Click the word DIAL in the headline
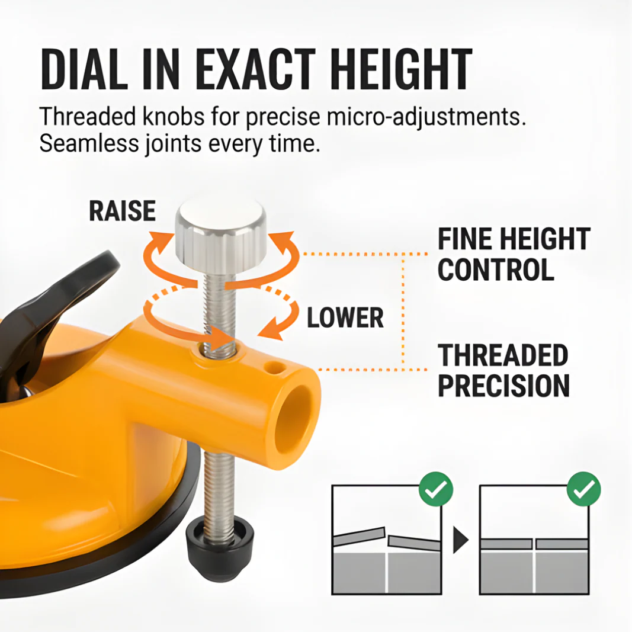(84, 69)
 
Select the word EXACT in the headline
(255, 69)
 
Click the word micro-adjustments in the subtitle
(426, 117)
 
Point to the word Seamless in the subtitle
(89, 143)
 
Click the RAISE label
(123, 211)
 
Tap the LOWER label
(345, 317)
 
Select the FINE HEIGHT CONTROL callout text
(514, 254)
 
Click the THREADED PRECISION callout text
(503, 370)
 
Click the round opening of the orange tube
(293, 420)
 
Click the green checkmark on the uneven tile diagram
(436, 489)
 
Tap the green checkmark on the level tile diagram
(583, 489)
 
